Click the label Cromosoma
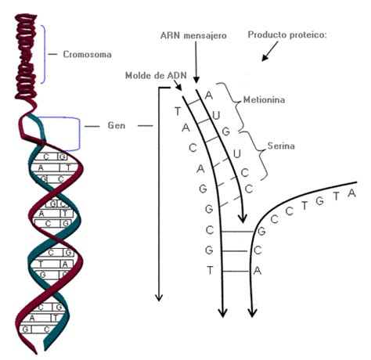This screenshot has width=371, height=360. (87, 54)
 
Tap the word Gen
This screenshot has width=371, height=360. (117, 125)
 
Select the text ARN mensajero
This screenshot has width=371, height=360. (193, 35)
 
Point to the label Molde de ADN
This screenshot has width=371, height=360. (156, 75)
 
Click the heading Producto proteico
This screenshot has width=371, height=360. (287, 34)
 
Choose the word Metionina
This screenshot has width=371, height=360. (264, 99)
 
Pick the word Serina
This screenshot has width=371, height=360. (281, 146)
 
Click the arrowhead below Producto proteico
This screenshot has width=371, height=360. (265, 58)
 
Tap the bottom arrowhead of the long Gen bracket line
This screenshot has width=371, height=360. (159, 297)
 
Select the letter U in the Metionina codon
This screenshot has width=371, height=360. (216, 115)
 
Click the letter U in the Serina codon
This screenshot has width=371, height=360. (236, 154)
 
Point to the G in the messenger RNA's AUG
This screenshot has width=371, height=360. (225, 131)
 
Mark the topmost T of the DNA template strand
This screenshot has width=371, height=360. (178, 111)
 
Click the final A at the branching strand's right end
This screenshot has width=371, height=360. (352, 193)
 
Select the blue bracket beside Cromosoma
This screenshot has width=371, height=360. (44, 54)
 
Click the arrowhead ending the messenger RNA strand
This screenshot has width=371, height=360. (243, 218)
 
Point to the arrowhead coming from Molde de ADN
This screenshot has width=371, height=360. (178, 87)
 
